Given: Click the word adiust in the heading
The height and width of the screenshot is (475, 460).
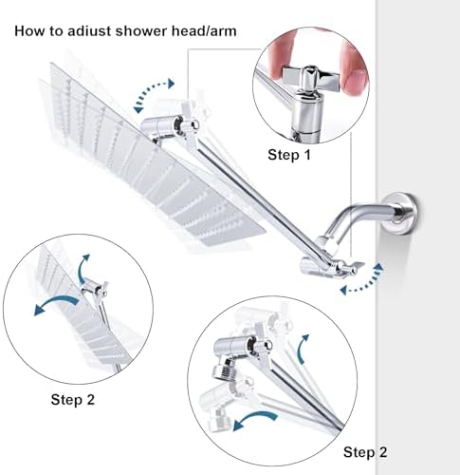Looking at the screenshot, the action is tap(89, 31).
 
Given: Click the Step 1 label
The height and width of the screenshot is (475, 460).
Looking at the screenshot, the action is tap(289, 155).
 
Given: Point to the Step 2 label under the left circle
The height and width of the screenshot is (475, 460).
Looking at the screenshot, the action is tap(73, 399).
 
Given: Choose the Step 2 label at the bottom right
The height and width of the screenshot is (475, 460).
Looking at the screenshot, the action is tap(365, 452).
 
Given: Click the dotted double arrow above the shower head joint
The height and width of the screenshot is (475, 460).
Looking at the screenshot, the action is tap(154, 95).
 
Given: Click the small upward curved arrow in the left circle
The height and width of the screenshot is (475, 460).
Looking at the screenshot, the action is tap(83, 268).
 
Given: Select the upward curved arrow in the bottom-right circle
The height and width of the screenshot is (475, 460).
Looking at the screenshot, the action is tap(304, 349).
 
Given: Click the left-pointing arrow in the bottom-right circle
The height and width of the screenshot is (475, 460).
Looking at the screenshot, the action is tap(254, 419).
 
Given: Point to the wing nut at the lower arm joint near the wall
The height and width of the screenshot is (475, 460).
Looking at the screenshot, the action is tap(349, 267).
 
